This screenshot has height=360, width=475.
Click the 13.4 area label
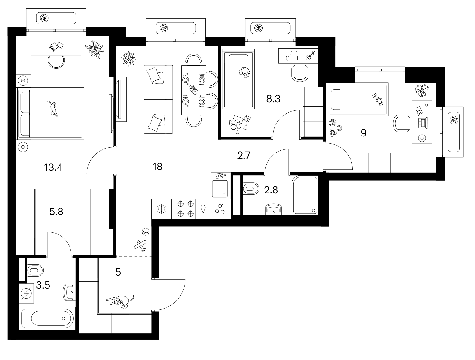(x=53, y=167)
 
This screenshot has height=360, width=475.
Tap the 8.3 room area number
(x=273, y=99)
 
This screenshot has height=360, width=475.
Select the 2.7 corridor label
(x=244, y=156)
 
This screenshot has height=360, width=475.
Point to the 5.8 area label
(x=56, y=212)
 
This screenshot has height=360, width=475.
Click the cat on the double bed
(x=53, y=108)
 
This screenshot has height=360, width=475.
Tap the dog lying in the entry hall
(x=120, y=301)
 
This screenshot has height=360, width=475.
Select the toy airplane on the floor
(x=140, y=246)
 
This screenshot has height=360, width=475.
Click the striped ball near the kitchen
(x=146, y=232)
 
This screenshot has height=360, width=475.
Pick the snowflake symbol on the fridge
(x=162, y=209)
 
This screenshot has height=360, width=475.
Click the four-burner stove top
(x=186, y=209)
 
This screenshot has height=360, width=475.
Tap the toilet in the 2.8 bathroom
(x=251, y=189)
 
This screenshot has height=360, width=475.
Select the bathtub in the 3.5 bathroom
(x=48, y=318)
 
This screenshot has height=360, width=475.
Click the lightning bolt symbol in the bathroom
(x=27, y=294)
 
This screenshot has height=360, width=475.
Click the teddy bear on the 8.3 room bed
(x=244, y=72)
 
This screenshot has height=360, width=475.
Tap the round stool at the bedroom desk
(x=56, y=61)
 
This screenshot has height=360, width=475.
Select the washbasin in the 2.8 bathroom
(x=274, y=209)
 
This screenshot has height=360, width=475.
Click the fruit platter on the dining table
(x=193, y=90)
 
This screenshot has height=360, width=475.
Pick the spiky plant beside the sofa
(x=129, y=58)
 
